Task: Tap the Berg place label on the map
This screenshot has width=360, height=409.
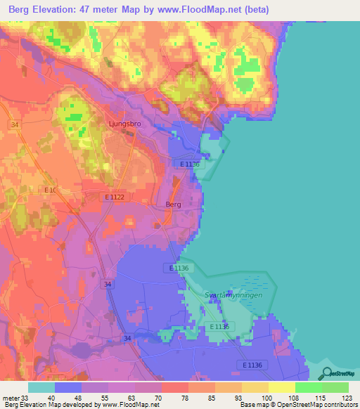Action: click(x=173, y=204)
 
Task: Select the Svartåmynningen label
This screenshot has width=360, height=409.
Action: click(x=233, y=295)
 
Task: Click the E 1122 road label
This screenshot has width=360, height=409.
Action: click(x=114, y=197)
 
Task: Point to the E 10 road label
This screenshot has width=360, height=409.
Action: click(x=50, y=190)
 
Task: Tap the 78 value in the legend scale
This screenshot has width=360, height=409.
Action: click(x=173, y=398)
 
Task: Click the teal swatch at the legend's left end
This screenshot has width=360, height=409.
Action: click(x=41, y=387)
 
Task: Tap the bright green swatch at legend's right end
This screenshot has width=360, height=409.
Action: click(x=335, y=387)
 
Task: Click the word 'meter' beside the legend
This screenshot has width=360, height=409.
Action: click(x=9, y=398)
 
